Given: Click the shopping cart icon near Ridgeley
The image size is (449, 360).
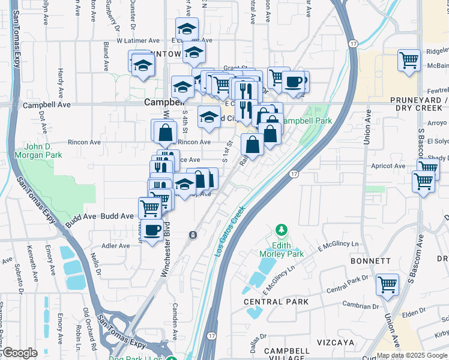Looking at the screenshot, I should pyautogui.click(x=409, y=60).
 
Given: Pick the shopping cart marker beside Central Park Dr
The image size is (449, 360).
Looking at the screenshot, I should pyautogui.click(x=387, y=284).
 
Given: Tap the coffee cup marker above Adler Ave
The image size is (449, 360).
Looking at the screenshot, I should pyautogui.click(x=152, y=230).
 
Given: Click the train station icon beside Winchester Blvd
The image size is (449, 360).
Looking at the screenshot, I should pyautogui.click(x=193, y=235).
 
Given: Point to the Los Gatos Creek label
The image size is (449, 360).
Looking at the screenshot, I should pyautogui.click(x=229, y=232).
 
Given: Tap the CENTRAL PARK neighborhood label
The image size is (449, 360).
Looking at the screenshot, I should pyautogui.click(x=276, y=301).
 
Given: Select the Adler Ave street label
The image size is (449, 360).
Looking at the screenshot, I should pyautogui.click(x=116, y=246).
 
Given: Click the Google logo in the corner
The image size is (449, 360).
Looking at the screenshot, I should pyautogui.click(x=20, y=353).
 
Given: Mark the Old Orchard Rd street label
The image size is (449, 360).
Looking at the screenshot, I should pyautogui.click(x=88, y=329).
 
